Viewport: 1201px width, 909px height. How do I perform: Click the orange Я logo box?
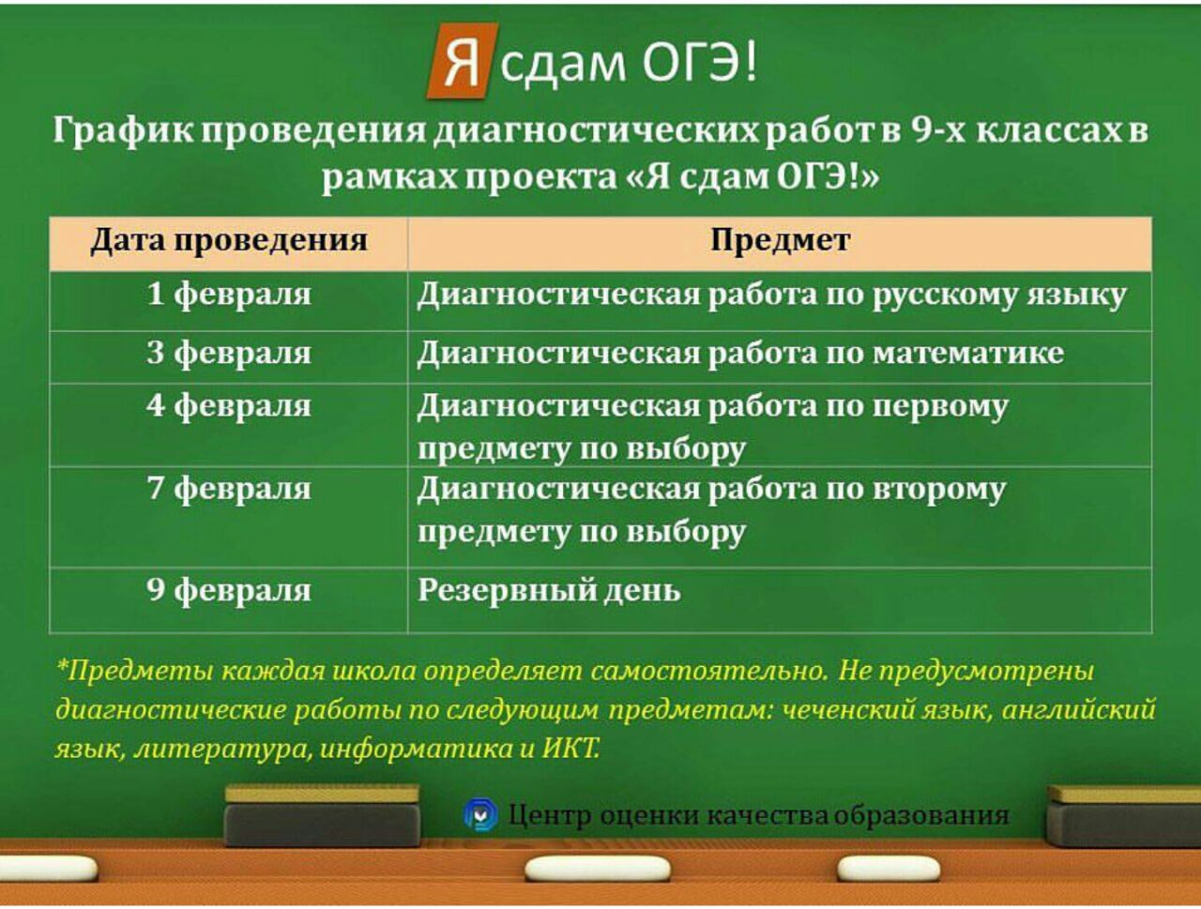pos(463,61)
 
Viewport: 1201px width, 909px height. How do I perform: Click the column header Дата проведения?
pos(229,240)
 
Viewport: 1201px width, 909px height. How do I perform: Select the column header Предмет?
pos(780,241)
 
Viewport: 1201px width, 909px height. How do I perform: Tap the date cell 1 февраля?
pos(229,295)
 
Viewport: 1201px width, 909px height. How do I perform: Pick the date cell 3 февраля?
pos(229,353)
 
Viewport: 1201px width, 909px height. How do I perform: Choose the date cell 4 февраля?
pos(229,406)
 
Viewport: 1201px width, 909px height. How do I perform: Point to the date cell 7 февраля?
pos(229,489)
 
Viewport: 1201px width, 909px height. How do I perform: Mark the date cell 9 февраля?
pos(229,590)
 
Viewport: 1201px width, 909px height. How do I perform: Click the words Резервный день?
pos(549,591)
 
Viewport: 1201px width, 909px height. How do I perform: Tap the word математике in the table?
pos(968,353)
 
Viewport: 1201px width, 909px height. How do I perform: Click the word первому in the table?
pos(939,407)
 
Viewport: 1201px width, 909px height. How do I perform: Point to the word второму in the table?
pos(939,490)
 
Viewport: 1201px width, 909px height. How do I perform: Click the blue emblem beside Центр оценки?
pos(480,814)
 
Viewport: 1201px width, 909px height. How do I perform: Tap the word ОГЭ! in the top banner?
pos(700,62)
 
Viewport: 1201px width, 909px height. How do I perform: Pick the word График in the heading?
pos(123,132)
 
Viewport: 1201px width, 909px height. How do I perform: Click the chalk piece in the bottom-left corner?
pos(47,868)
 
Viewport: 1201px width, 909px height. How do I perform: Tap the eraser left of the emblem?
pos(322,815)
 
